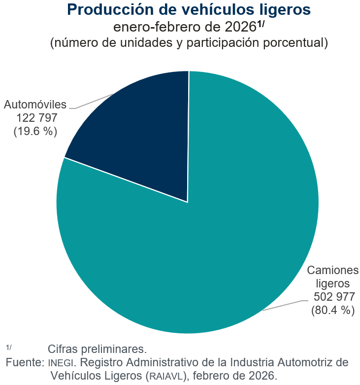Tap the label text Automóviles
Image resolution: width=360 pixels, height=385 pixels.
point(35,105)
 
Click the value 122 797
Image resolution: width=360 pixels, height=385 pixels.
point(37,118)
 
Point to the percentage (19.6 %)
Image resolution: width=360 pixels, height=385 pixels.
point(35,132)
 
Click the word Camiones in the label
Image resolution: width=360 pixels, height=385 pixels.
point(333,270)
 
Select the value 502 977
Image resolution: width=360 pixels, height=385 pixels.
point(334,297)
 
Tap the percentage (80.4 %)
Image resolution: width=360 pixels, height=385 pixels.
point(333,310)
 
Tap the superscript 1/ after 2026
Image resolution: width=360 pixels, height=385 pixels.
point(261,24)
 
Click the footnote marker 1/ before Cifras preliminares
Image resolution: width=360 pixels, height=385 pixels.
point(9,347)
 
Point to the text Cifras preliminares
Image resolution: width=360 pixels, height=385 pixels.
point(97,350)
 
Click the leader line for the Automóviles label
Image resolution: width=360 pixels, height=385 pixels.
point(94,101)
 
